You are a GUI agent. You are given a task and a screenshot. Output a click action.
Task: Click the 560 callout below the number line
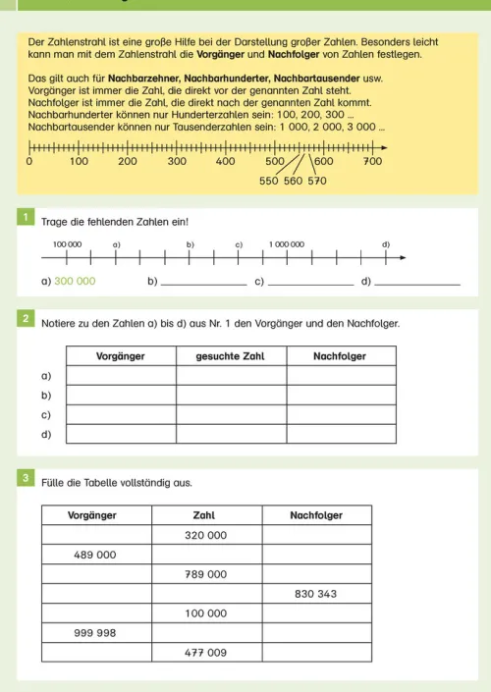294,182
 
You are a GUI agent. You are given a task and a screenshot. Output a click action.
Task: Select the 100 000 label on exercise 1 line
67,242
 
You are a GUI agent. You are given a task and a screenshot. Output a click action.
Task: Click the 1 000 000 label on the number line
287,242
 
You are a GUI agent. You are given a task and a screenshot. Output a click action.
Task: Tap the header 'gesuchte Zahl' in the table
231,355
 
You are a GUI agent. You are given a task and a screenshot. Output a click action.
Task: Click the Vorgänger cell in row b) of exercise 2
121,395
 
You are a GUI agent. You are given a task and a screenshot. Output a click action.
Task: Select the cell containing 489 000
95,555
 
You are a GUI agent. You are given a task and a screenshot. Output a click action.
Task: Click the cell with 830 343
316,594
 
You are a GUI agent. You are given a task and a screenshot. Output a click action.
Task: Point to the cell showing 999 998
95,633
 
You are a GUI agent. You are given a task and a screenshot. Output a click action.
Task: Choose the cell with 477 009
206,653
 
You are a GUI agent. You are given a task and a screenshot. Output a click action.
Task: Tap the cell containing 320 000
206,535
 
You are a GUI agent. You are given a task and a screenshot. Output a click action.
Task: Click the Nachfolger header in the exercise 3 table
316,514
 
